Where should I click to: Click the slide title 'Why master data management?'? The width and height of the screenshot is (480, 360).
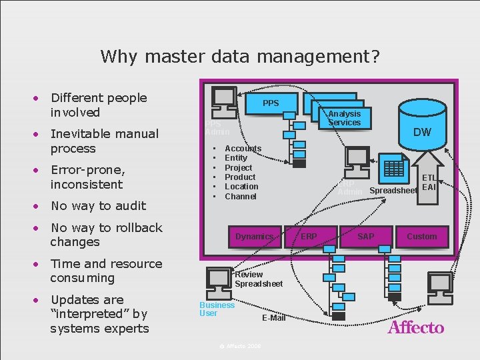click(240, 56)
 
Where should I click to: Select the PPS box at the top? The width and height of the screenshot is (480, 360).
click(271, 103)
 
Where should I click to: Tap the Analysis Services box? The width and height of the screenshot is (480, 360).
click(344, 118)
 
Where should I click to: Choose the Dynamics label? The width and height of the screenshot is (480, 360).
click(254, 237)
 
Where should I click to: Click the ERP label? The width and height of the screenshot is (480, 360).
click(309, 237)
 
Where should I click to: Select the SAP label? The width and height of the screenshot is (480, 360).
click(365, 237)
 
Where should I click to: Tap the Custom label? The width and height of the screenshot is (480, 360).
click(421, 237)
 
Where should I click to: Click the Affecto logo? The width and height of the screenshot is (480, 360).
click(415, 327)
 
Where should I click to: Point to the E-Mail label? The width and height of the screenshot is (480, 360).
click(273, 318)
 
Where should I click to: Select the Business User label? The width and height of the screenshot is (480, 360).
click(217, 309)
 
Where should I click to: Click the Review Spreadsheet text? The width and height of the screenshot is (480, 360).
click(258, 279)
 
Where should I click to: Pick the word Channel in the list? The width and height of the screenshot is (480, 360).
click(241, 196)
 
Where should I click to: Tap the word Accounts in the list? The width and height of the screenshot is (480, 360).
click(243, 148)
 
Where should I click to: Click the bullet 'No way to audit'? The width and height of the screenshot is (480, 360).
click(98, 206)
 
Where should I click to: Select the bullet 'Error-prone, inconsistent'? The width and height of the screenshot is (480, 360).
click(87, 177)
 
